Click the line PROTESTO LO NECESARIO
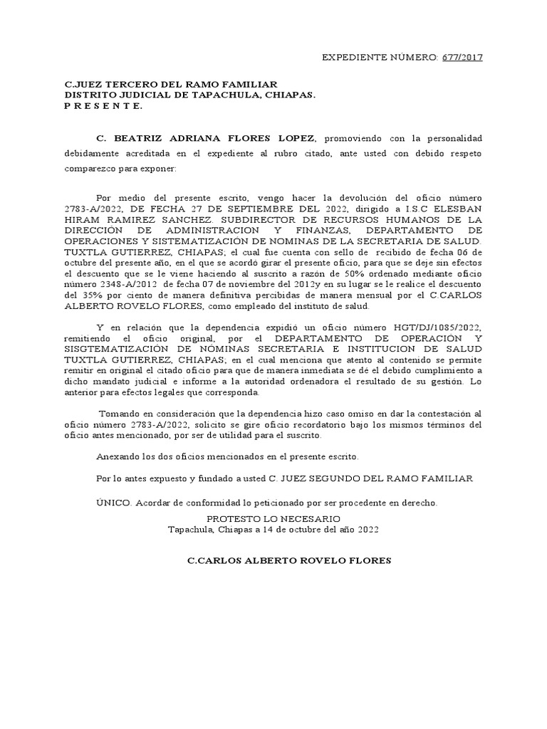coord(273,518)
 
